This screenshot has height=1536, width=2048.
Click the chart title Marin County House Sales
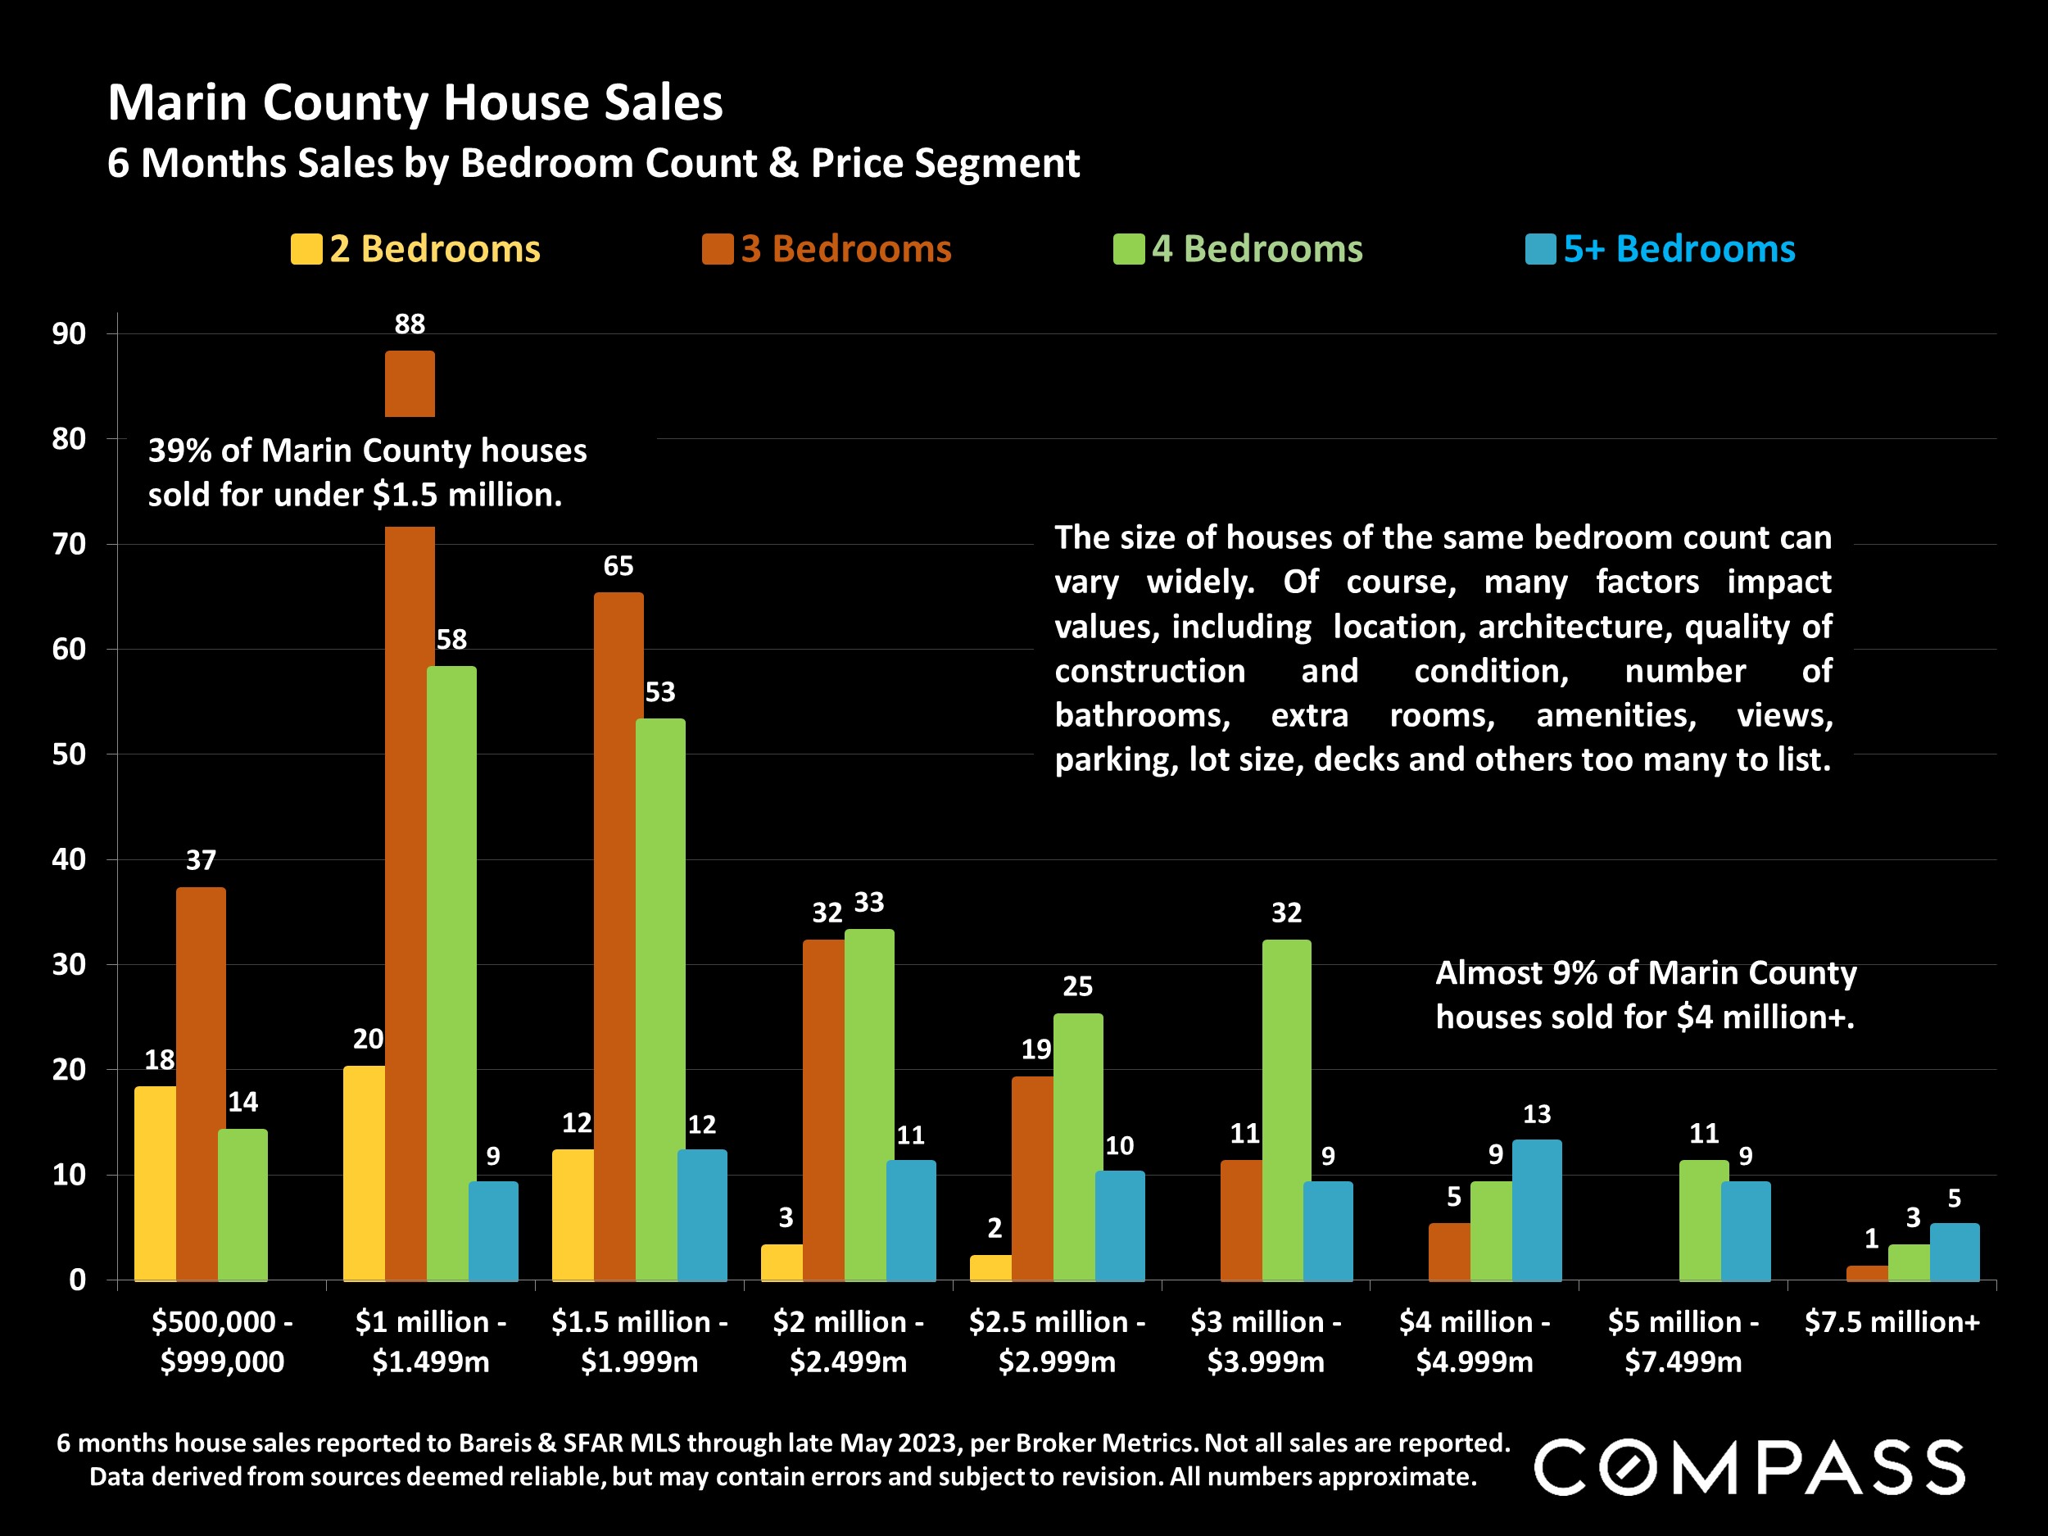415,102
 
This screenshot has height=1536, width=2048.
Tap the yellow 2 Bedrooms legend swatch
306,249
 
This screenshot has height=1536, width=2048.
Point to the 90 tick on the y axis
69,334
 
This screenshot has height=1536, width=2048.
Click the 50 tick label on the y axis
69,754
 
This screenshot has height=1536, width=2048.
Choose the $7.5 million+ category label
1892,1322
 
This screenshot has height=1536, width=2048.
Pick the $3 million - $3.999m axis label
1266,1342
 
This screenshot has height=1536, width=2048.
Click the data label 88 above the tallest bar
410,324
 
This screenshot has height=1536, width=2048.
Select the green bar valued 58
452,972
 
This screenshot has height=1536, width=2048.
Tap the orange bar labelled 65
618,936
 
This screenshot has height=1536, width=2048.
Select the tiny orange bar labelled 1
1866,1274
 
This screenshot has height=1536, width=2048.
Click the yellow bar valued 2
990,1268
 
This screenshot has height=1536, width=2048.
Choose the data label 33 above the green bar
868,903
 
